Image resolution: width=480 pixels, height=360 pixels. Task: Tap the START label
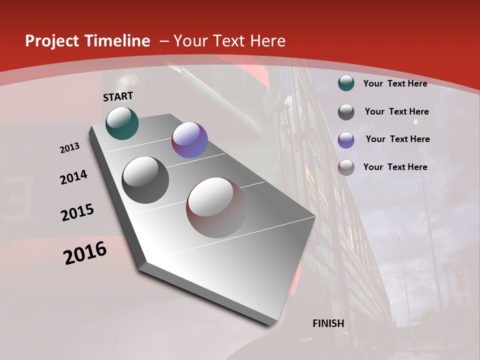click(x=118, y=96)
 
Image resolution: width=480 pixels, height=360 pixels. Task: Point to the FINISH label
click(x=328, y=323)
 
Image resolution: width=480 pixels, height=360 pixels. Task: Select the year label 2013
click(x=70, y=148)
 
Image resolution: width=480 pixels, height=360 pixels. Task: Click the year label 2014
click(x=74, y=177)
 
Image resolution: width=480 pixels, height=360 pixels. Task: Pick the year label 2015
click(x=77, y=212)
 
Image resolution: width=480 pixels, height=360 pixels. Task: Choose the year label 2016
click(x=85, y=253)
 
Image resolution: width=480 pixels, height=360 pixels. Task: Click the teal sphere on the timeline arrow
click(x=122, y=123)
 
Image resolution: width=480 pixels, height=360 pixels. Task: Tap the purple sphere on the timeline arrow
click(x=189, y=140)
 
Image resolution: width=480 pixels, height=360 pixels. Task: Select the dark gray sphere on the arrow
click(x=145, y=180)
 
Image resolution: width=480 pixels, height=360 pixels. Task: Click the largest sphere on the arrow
click(x=216, y=207)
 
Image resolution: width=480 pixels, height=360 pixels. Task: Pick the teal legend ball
click(x=346, y=83)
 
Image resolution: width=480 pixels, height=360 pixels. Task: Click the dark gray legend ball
click(x=346, y=112)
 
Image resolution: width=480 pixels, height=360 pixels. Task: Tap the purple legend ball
click(x=346, y=140)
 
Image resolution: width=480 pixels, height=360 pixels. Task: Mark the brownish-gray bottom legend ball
click(x=346, y=167)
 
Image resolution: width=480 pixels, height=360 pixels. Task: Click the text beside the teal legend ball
click(x=395, y=83)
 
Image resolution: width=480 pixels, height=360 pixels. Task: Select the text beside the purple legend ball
click(x=397, y=139)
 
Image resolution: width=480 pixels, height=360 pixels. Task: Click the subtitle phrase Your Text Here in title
click(x=229, y=41)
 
